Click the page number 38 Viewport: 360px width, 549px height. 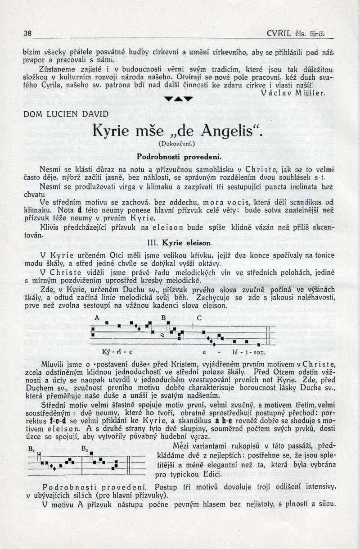(27, 33)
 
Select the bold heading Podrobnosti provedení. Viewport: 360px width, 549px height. (179, 156)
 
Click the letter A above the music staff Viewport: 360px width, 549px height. (96, 317)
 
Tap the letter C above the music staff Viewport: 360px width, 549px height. (198, 317)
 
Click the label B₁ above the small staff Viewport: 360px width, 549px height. (31, 449)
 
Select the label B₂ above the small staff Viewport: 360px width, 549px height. (84, 449)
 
